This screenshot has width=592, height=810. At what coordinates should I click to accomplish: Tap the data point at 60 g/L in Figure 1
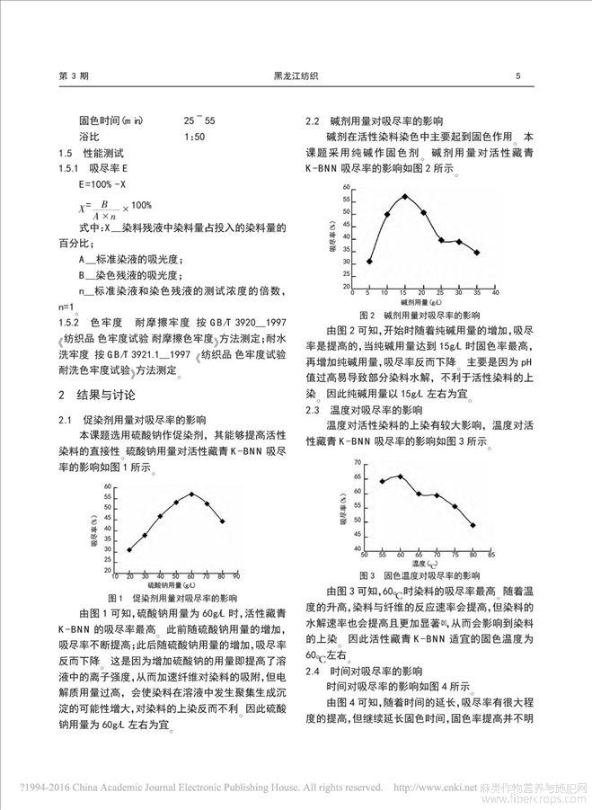click(x=190, y=494)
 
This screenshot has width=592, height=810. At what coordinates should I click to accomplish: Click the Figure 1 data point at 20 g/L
click(x=129, y=549)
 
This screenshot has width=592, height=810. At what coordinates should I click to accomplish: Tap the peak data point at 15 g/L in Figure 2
click(x=405, y=196)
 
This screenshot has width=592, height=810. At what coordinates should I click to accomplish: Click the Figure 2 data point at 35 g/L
click(x=476, y=253)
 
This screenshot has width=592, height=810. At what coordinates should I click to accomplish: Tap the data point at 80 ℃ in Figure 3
click(x=473, y=525)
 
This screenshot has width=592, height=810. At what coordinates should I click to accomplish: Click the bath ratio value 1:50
click(x=194, y=136)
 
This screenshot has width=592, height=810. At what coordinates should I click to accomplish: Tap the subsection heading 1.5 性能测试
click(x=95, y=154)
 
